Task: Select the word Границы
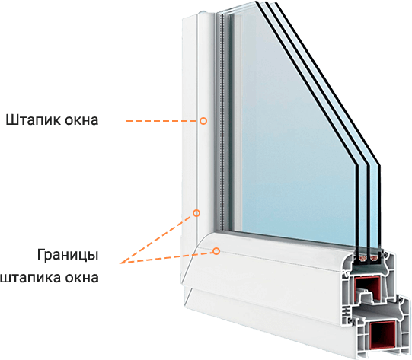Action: click(x=68, y=255)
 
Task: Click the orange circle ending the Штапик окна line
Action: click(x=203, y=121)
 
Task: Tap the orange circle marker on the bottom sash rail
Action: click(x=216, y=251)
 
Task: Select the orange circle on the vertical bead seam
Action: click(x=196, y=213)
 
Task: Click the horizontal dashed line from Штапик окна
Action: click(x=163, y=121)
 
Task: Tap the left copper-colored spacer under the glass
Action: click(x=362, y=260)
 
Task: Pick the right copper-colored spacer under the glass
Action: click(x=374, y=260)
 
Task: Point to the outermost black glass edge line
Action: click(x=328, y=84)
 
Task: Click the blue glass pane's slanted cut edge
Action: click(x=318, y=84)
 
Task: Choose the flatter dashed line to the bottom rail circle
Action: click(x=166, y=257)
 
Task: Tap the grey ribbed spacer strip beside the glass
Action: click(x=224, y=121)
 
